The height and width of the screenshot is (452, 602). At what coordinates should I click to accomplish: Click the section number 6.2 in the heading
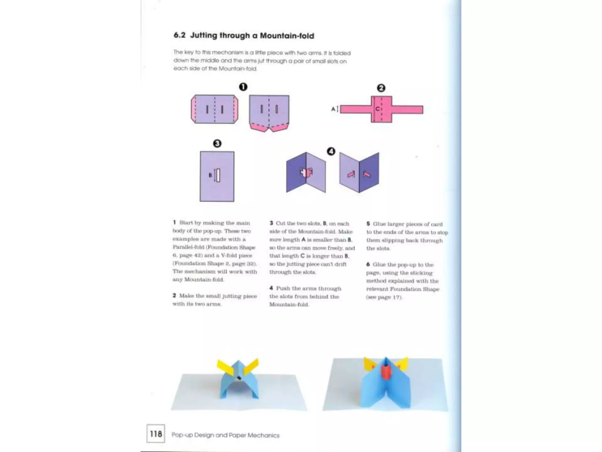(x=179, y=35)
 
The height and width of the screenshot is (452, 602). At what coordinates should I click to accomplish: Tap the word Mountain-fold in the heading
(x=287, y=36)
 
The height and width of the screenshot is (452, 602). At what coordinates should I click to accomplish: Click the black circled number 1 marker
(x=243, y=87)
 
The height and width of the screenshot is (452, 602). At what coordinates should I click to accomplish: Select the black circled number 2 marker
(x=381, y=88)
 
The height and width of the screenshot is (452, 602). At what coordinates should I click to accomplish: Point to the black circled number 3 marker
(x=217, y=144)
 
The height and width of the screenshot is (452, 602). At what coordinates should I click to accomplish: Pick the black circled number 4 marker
(x=331, y=152)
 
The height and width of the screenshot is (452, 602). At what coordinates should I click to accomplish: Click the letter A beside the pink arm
(x=333, y=109)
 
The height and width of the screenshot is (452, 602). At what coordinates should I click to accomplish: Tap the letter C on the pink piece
(x=377, y=109)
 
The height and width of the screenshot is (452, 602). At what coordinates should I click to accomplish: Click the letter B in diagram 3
(x=210, y=175)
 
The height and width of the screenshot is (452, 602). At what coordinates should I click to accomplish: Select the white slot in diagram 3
(x=218, y=175)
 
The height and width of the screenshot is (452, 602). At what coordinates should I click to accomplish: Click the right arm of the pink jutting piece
(x=407, y=109)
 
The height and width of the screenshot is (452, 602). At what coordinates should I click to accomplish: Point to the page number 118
(x=156, y=434)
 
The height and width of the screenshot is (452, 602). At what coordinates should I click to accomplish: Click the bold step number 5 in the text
(x=368, y=224)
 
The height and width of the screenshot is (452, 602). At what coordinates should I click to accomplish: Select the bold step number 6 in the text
(x=368, y=265)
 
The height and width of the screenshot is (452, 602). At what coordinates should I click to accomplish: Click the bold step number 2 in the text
(x=174, y=295)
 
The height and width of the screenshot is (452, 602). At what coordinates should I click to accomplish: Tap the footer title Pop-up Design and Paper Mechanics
(x=225, y=435)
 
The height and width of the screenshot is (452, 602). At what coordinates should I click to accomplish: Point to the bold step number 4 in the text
(x=271, y=288)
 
